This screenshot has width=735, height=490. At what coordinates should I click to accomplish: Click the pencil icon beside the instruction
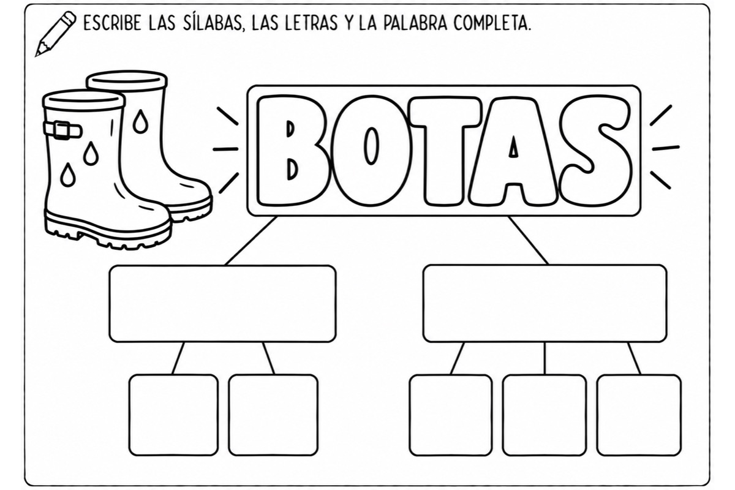(x=55, y=34)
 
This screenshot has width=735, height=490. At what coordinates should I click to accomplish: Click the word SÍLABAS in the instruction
(x=213, y=23)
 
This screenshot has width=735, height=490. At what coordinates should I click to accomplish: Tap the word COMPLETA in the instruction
(x=492, y=23)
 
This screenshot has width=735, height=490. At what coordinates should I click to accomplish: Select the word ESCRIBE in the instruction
(x=112, y=23)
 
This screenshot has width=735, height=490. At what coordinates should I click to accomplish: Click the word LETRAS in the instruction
(x=311, y=23)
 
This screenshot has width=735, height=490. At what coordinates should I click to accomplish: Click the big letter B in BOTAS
(x=293, y=151)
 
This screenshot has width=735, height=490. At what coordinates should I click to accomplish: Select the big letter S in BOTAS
(x=595, y=151)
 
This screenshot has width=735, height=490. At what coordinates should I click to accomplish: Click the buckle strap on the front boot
(x=62, y=130)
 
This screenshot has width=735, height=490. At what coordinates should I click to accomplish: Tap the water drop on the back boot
(x=140, y=121)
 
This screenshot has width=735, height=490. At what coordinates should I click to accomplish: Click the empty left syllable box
(x=223, y=304)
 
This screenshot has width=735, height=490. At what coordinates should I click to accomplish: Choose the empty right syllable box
(x=545, y=304)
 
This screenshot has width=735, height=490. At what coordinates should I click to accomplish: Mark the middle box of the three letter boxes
(x=545, y=415)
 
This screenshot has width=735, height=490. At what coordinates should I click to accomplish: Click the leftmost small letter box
(x=173, y=415)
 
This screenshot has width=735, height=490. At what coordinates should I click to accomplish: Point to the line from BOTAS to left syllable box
(x=251, y=241)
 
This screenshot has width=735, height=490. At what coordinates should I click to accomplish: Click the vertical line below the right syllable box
(x=545, y=358)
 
